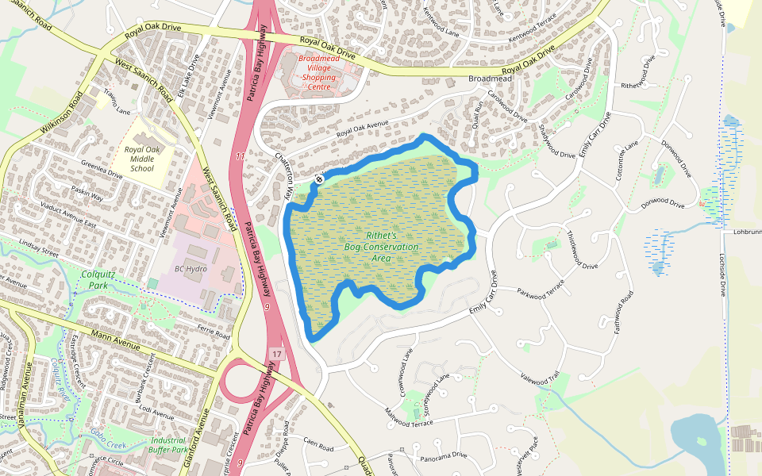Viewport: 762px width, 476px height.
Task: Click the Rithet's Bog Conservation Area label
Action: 381,247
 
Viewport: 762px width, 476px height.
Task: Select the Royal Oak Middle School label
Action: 141,159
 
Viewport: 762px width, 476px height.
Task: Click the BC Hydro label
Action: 190,269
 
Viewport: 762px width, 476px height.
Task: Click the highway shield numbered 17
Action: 276,353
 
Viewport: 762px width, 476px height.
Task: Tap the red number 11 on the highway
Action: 239,157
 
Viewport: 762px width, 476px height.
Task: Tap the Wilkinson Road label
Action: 59,116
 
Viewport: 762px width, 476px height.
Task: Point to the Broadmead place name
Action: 490,79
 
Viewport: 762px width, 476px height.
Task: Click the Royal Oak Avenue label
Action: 362,128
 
